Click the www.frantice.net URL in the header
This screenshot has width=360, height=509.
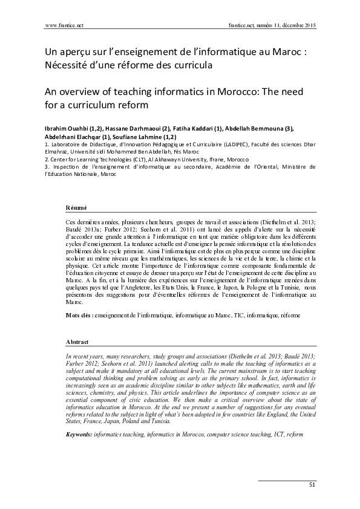click(64, 26)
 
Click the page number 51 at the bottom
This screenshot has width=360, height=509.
click(312, 484)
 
